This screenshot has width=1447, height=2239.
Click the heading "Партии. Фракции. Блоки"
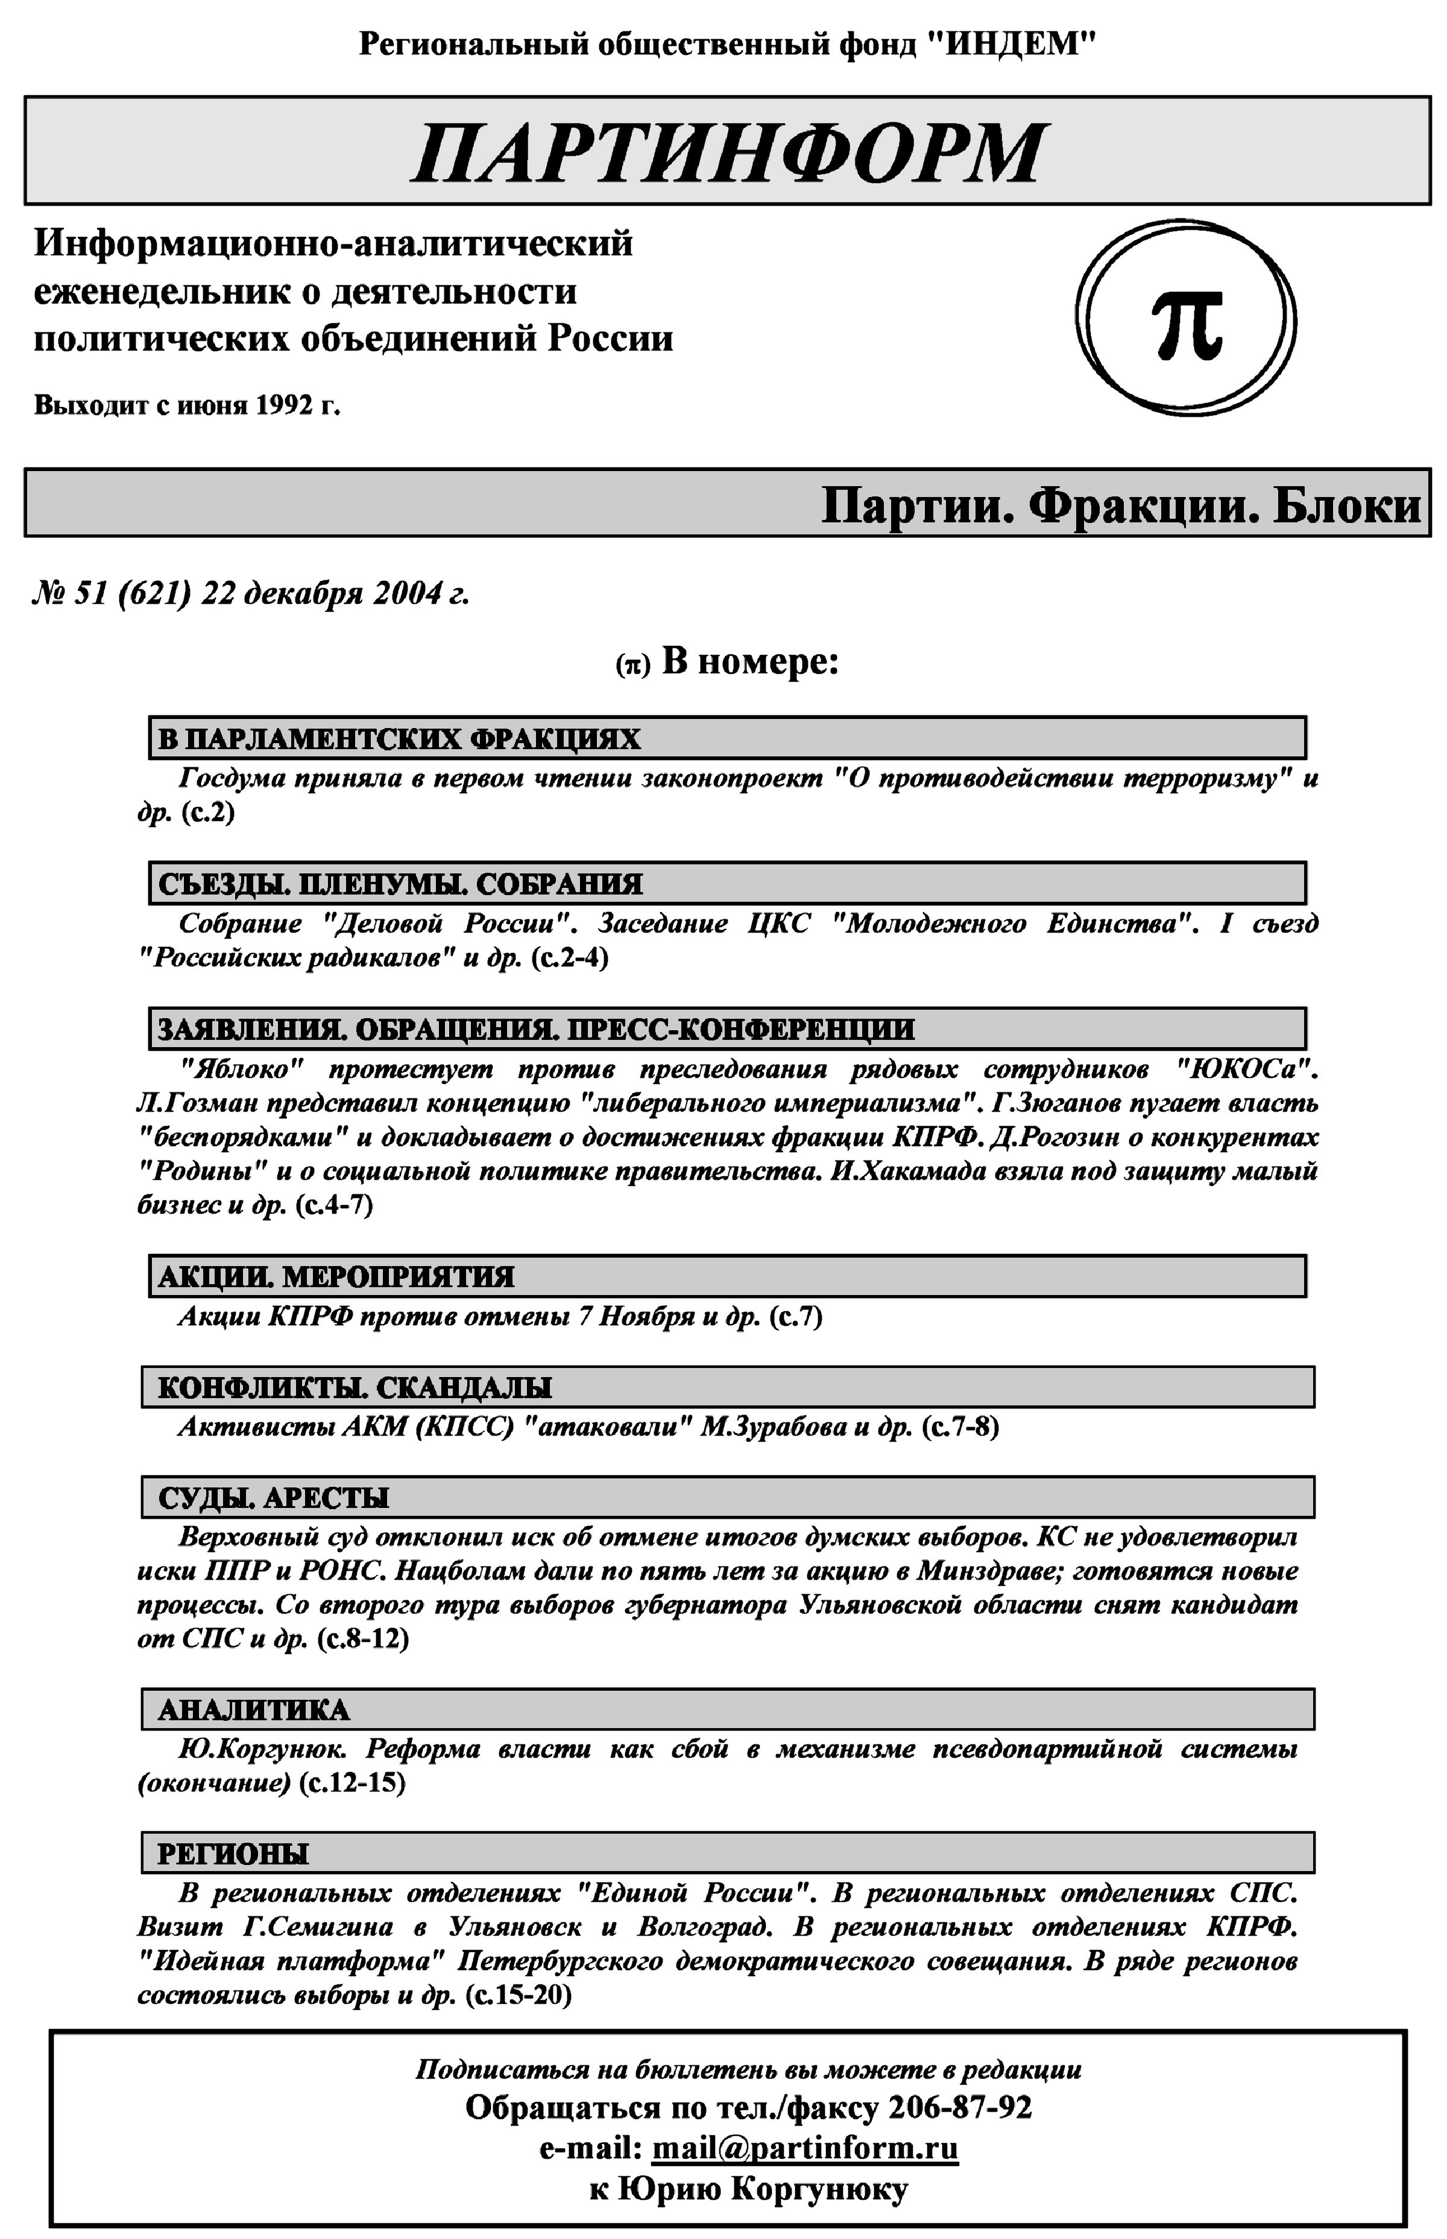click(x=1120, y=505)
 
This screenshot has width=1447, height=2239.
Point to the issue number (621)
click(x=155, y=594)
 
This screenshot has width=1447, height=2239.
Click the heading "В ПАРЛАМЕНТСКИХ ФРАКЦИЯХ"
click(x=399, y=739)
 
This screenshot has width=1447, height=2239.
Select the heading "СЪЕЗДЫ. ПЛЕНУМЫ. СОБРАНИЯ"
click(x=400, y=884)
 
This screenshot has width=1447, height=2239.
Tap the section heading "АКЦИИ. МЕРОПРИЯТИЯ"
click(x=336, y=1276)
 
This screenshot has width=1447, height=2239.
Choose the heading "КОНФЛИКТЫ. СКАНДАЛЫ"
click(x=355, y=1387)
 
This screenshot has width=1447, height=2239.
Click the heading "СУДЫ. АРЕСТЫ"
click(x=274, y=1497)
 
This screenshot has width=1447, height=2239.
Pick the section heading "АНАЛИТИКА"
click(x=254, y=1710)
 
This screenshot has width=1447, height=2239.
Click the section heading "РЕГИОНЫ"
click(x=233, y=1854)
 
